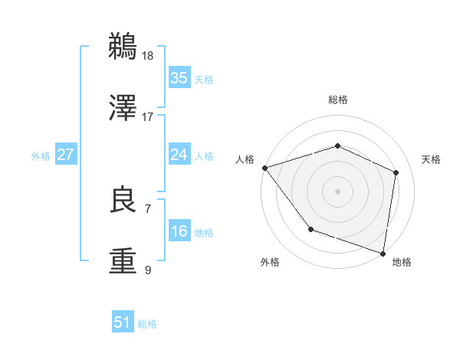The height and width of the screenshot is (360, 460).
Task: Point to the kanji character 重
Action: pyautogui.click(x=123, y=260)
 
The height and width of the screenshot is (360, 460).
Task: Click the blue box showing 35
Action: pyautogui.click(x=179, y=78)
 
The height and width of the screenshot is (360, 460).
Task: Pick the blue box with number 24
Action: pyautogui.click(x=179, y=155)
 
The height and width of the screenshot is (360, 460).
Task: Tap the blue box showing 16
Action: pyautogui.click(x=179, y=231)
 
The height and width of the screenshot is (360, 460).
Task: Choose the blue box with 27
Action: pyautogui.click(x=65, y=155)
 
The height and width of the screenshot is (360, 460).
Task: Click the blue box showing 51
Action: pyautogui.click(x=123, y=322)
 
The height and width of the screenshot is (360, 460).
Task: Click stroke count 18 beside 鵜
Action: pyautogui.click(x=147, y=55)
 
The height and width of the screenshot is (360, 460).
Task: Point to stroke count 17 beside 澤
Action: pyautogui.click(x=147, y=116)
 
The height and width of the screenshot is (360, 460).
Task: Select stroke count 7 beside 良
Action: pyautogui.click(x=147, y=208)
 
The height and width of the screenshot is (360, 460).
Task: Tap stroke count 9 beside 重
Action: pyautogui.click(x=147, y=270)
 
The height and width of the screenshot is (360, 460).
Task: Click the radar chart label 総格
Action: pyautogui.click(x=337, y=100)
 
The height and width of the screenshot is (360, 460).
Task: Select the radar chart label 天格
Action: pyautogui.click(x=431, y=159)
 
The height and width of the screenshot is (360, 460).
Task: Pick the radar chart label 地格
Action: pyautogui.click(x=402, y=262)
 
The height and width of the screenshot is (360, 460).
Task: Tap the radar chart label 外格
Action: pyautogui.click(x=270, y=262)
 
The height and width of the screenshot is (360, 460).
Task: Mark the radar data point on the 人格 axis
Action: pyautogui.click(x=264, y=167)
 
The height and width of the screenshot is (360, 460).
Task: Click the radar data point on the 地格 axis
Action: pyautogui.click(x=383, y=253)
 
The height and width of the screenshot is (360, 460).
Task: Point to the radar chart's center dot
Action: pyautogui.click(x=337, y=191)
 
